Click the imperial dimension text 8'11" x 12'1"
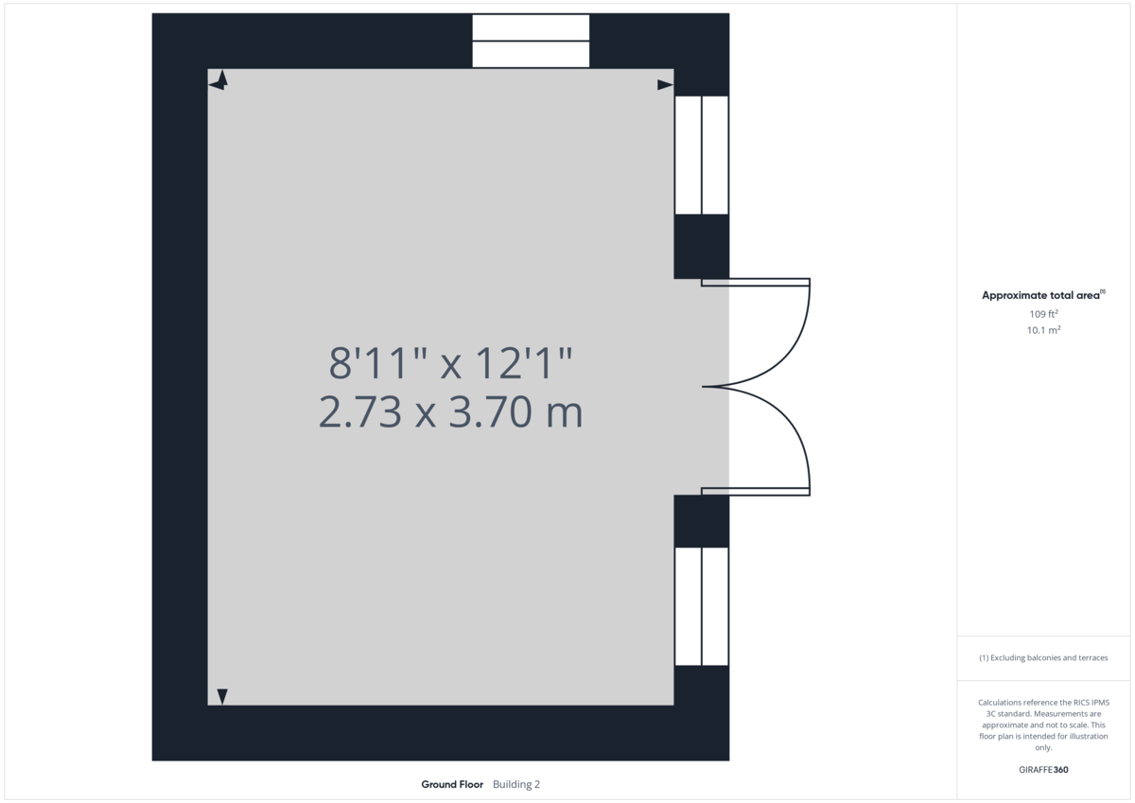[451, 363]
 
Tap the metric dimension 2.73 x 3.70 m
[451, 413]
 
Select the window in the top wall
[531, 41]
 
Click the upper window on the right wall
[701, 155]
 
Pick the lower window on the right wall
[701, 606]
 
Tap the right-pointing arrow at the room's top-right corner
[665, 85]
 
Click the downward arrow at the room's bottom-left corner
[222, 696]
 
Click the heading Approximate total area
[1040, 295]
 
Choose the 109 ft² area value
[1043, 313]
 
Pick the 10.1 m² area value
[1043, 330]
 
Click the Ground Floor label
[452, 784]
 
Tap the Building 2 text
[516, 784]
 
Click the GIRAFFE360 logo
[1043, 770]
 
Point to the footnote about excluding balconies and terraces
[1043, 657]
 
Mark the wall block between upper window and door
[701, 246]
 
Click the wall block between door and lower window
[701, 521]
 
